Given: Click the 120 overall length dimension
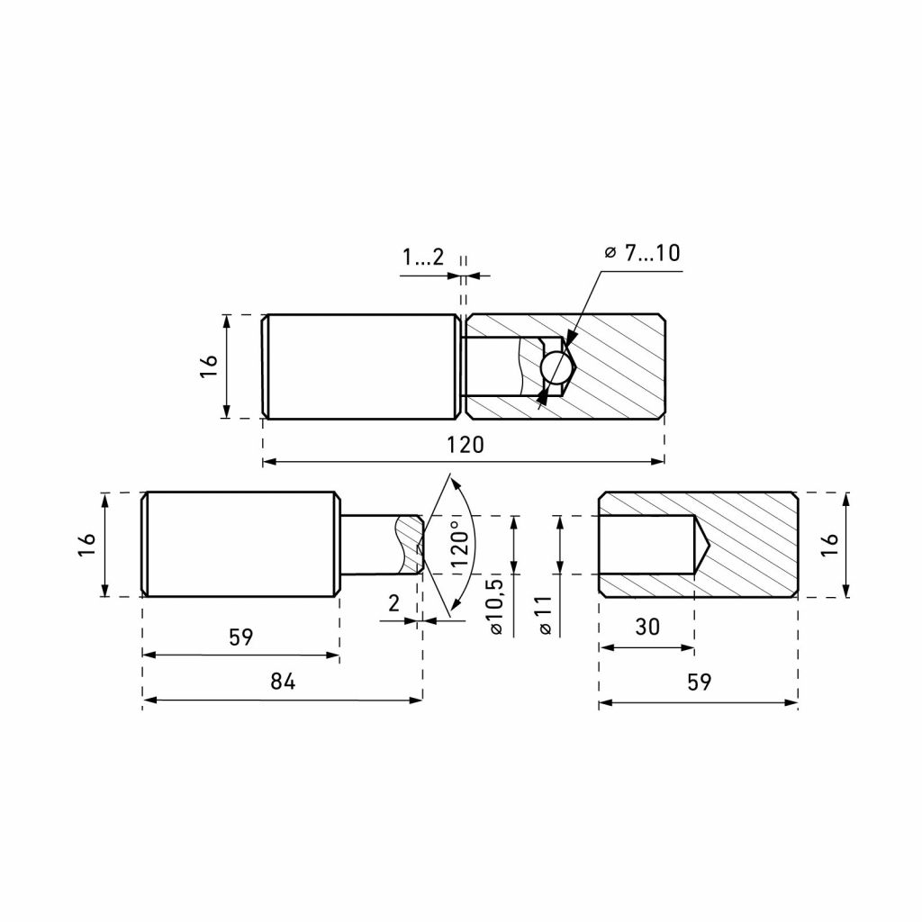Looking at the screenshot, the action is tap(465, 445).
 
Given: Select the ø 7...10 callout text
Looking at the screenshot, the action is tap(642, 253).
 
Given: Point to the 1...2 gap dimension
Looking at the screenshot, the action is tap(423, 257).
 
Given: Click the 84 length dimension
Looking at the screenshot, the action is tap(283, 681).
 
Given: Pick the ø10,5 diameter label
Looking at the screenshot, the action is tap(496, 606).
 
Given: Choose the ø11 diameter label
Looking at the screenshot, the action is tap(545, 615).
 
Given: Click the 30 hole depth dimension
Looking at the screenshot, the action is tap(647, 627).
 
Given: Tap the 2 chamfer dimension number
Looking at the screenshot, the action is tap(394, 603).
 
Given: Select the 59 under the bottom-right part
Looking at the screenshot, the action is tap(699, 682).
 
